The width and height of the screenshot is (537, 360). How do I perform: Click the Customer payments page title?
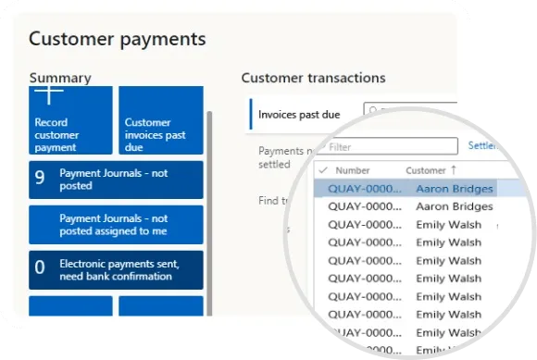[x=118, y=40]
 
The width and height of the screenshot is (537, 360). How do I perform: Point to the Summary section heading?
[x=60, y=78]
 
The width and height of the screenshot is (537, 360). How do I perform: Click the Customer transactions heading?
[x=313, y=78]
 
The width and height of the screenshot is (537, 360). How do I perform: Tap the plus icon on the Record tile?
[x=49, y=94]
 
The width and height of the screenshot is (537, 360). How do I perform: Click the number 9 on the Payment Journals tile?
[x=40, y=179]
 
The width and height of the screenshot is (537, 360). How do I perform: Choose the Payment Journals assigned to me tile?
[x=116, y=225]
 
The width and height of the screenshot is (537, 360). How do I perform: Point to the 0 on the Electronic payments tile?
[x=40, y=269]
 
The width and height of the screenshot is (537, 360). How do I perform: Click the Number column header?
[x=353, y=170]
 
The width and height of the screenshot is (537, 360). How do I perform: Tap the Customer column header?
[x=426, y=170]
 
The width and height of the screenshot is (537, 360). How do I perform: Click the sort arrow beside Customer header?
[x=454, y=170]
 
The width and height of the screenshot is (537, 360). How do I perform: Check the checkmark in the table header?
[x=322, y=170]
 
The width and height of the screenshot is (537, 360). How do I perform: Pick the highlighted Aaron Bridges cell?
[x=454, y=189]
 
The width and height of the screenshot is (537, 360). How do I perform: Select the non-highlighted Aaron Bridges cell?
[x=454, y=206]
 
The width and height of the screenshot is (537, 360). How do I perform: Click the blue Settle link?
[x=481, y=146]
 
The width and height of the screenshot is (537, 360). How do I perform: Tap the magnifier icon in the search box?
[x=374, y=111]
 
